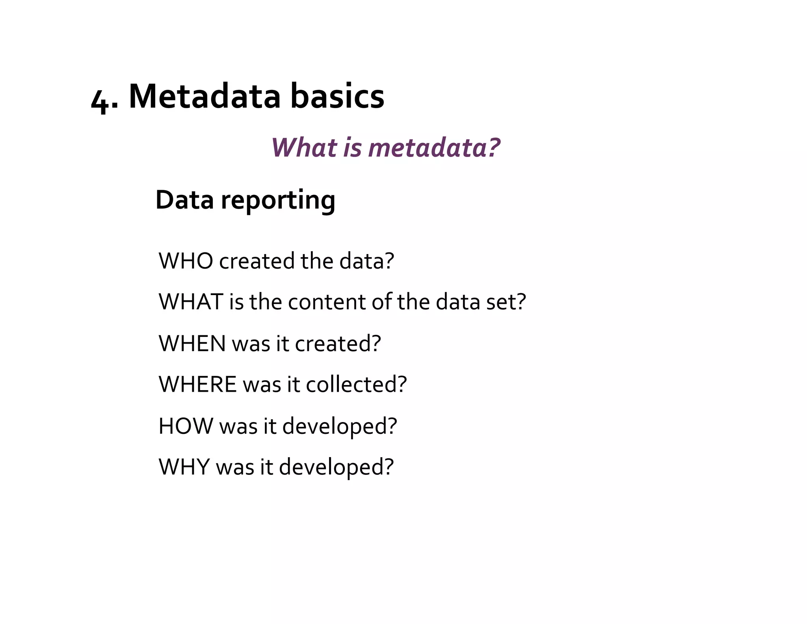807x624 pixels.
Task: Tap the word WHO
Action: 186,261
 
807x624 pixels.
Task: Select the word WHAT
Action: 191,302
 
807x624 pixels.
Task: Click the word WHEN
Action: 192,343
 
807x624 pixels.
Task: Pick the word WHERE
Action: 197,384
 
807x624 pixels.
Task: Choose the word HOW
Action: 186,426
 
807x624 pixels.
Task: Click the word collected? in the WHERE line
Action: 356,384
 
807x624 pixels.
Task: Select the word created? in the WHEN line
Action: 338,343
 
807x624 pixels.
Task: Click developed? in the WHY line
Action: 336,467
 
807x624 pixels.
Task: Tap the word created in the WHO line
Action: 257,261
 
